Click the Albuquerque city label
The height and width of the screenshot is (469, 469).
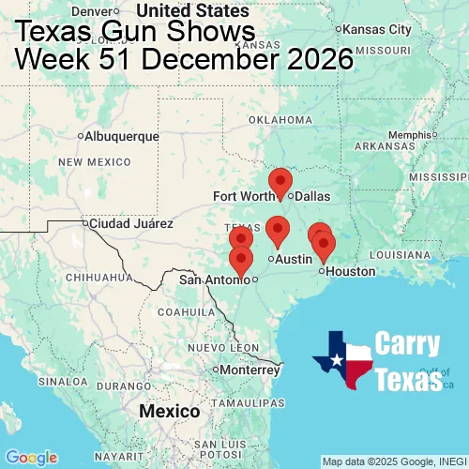[122, 136]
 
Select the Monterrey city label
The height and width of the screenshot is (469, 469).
[250, 370]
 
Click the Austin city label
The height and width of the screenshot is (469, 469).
[294, 259]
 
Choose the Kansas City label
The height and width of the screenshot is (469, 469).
[378, 29]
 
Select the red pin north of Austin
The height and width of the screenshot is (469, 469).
[277, 229]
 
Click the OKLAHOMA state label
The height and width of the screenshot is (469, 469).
[280, 120]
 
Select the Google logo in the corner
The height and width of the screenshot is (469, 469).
[31, 457]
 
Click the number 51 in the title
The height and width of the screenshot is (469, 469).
[119, 61]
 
